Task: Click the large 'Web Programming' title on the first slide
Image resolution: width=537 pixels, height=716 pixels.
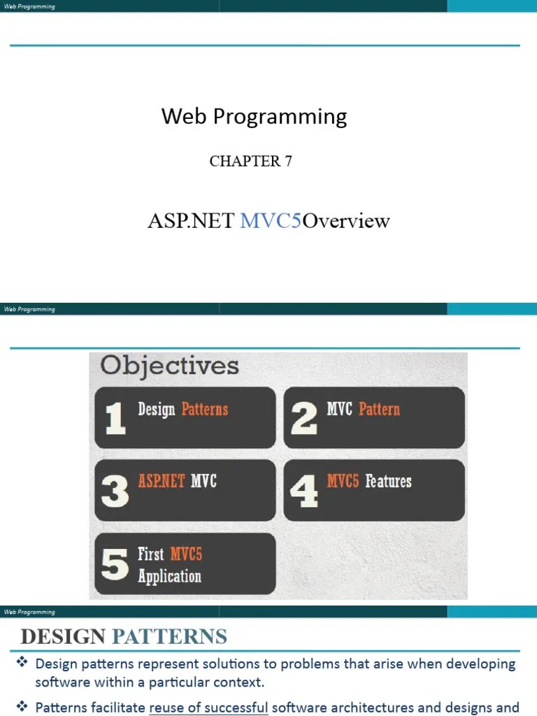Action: point(254,116)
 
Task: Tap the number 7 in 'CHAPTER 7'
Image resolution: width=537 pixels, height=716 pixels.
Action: point(287,161)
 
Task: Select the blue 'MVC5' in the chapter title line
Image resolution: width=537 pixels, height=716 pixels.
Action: point(271,221)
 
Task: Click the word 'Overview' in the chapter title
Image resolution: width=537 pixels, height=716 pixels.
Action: point(346,221)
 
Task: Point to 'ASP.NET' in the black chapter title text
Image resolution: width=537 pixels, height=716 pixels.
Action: point(190,221)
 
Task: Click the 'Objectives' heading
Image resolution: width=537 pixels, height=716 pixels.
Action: point(169,366)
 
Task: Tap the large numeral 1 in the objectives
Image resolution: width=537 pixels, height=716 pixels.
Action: point(115,418)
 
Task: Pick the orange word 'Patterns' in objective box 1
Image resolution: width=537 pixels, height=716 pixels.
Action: point(205,409)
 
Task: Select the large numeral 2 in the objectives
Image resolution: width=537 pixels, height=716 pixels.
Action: point(303,418)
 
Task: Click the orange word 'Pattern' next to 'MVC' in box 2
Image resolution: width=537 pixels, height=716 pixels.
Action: point(379,409)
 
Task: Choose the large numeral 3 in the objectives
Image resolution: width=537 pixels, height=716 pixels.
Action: point(115,491)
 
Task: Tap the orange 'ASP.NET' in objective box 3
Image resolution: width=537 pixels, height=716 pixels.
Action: point(162,481)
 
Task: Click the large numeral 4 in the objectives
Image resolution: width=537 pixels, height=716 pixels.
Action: point(303,491)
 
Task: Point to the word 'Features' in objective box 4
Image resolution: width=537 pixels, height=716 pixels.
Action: point(388,481)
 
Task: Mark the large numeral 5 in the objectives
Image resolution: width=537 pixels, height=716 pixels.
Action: point(115,564)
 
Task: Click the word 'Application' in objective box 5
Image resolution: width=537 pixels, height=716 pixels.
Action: point(169,577)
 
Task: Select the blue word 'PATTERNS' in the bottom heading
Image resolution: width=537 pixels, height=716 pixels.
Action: point(169,637)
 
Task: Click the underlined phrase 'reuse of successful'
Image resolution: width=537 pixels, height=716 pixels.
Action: point(208,707)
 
